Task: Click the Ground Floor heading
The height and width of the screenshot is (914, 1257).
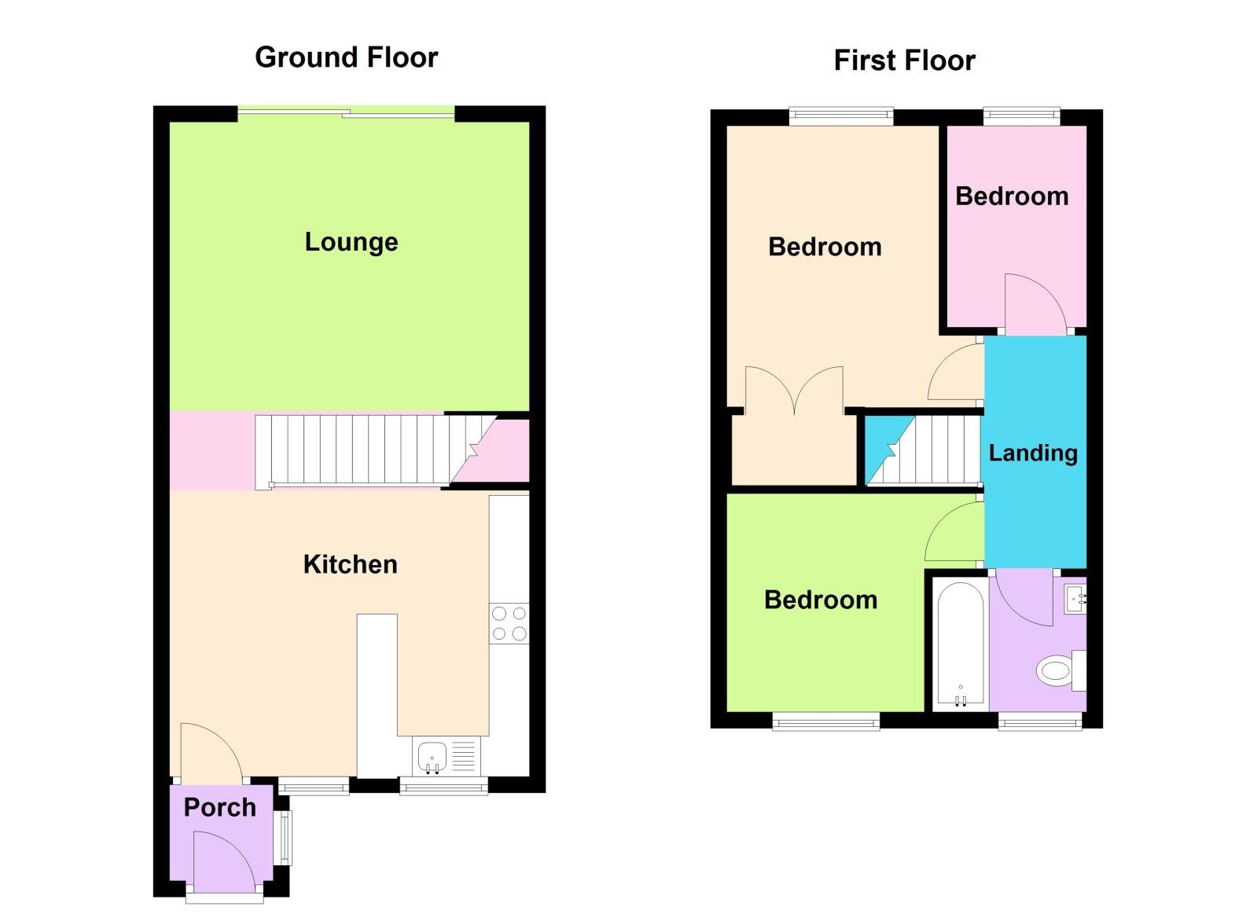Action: click(346, 57)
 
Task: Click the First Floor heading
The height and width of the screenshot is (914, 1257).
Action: click(904, 61)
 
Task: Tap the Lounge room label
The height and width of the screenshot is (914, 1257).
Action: click(351, 242)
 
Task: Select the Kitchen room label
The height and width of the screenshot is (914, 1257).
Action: click(350, 564)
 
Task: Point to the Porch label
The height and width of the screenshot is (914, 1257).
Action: click(219, 807)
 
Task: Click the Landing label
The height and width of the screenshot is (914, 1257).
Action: click(1033, 453)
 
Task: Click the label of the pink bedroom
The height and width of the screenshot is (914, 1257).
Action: click(1012, 196)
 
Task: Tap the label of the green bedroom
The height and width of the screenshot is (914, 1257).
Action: click(821, 600)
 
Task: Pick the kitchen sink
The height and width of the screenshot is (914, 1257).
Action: click(432, 757)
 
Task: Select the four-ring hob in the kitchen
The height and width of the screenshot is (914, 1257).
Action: click(509, 623)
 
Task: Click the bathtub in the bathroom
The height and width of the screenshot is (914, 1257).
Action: click(960, 643)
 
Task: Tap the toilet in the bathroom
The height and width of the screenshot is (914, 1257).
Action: click(1058, 671)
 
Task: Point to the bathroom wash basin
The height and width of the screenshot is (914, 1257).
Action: click(1075, 599)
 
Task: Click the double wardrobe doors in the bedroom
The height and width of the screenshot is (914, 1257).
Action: click(794, 389)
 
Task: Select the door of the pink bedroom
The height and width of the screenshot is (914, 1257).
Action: click(1034, 303)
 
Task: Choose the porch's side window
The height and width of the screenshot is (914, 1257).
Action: click(285, 837)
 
